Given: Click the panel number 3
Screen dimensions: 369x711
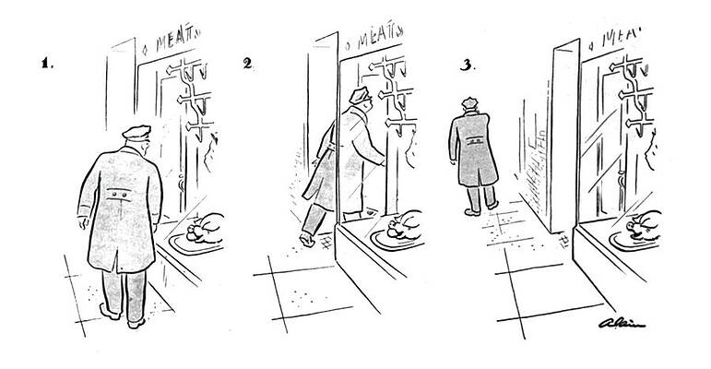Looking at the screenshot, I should tap(467, 65).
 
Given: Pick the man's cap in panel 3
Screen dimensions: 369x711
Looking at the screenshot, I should tap(470, 102).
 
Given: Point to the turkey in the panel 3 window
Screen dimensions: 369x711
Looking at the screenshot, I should tap(645, 224).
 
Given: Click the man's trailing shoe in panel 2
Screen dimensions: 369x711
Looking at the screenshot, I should tap(307, 240).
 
